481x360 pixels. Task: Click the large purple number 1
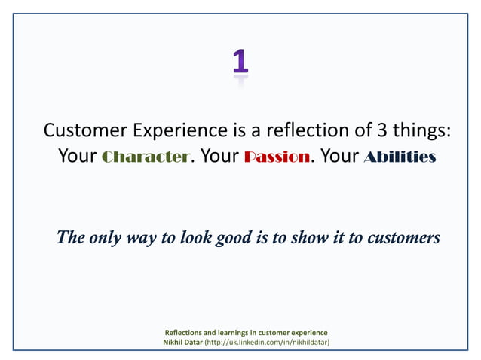point(240,63)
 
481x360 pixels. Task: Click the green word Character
point(144,157)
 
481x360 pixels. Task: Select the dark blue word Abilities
point(400,157)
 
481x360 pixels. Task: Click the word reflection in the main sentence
point(306,130)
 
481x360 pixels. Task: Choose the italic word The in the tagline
point(70,238)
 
